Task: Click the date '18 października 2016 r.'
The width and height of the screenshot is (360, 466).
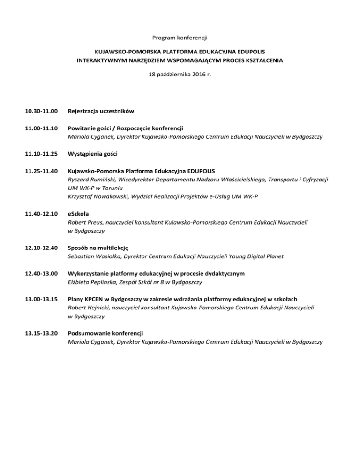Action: (x=180, y=74)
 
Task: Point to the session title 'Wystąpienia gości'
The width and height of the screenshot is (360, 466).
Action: (x=90, y=154)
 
